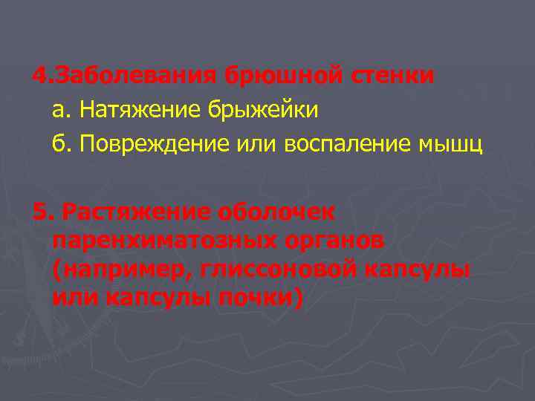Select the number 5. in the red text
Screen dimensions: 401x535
pyautogui.click(x=43, y=212)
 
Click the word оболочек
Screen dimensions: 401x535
pyautogui.click(x=276, y=212)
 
